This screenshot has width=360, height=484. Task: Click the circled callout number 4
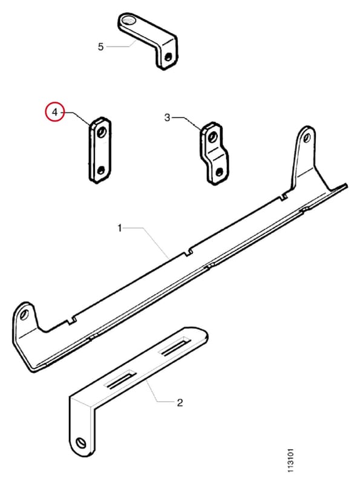tap(55, 112)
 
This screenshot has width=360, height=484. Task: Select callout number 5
tap(100, 47)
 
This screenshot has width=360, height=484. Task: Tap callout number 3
tap(167, 117)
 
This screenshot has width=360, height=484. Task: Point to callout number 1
tap(120, 229)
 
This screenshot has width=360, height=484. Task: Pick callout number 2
tap(180, 402)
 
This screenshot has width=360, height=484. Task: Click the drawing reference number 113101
tap(290, 460)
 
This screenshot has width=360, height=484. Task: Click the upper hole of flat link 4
tap(101, 132)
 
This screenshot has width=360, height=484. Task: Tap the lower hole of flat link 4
tap(100, 171)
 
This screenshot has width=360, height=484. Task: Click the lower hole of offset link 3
tap(220, 172)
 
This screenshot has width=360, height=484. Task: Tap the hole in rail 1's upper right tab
tap(307, 137)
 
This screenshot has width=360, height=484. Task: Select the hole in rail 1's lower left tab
tap(24, 315)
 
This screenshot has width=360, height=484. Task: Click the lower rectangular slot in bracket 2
tap(120, 379)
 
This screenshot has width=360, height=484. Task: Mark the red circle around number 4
tap(54, 112)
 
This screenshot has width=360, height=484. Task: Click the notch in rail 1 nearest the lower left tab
tap(72, 321)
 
